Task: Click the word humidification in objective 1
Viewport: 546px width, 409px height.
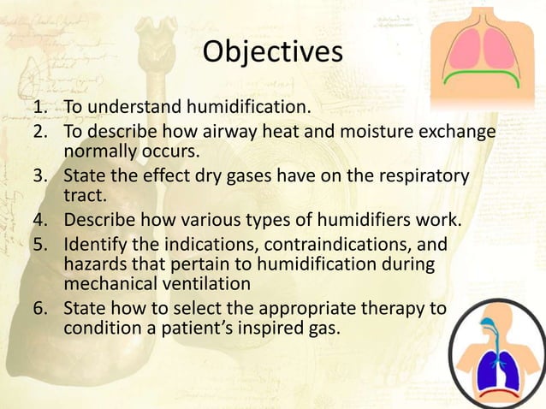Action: click(250, 109)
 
